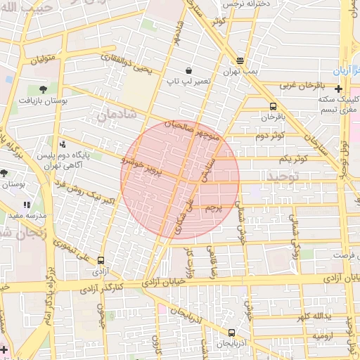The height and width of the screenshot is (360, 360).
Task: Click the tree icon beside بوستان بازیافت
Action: pyautogui.click(x=44, y=89)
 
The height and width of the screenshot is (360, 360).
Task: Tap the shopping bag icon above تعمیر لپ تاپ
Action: pyautogui.click(x=189, y=70)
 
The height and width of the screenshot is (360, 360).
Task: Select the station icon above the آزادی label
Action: pyautogui.click(x=102, y=259)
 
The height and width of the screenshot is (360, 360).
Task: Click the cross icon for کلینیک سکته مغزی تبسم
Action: pyautogui.click(x=339, y=89)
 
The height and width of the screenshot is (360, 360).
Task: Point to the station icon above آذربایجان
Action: pyautogui.click(x=231, y=333)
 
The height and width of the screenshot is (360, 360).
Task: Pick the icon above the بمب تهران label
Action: pyautogui.click(x=240, y=61)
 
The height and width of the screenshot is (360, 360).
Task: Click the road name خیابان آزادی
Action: pyautogui.click(x=160, y=281)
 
